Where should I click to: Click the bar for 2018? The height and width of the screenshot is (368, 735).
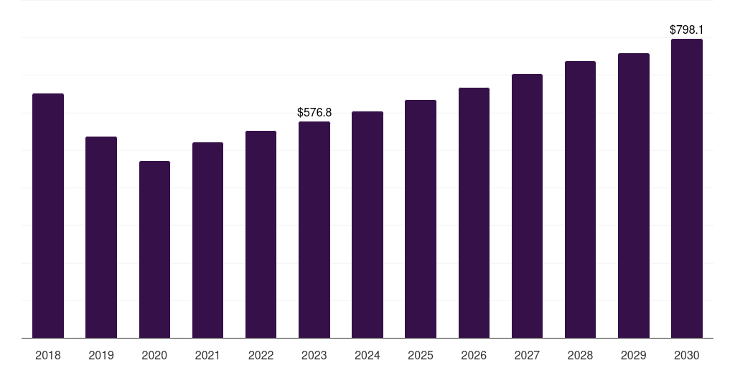pyautogui.click(x=48, y=216)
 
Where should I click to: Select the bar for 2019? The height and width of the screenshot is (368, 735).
pyautogui.click(x=101, y=237)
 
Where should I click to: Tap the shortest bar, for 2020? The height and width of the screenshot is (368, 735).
pyautogui.click(x=154, y=249)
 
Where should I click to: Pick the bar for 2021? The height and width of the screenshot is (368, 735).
pyautogui.click(x=207, y=240)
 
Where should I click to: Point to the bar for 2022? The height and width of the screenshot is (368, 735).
pyautogui.click(x=261, y=234)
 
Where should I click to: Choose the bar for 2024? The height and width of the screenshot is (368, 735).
pyautogui.click(x=367, y=224)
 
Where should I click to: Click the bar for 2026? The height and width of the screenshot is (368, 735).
pyautogui.click(x=474, y=213)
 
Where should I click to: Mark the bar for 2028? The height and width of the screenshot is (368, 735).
pyautogui.click(x=580, y=199)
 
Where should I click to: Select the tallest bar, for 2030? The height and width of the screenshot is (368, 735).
pyautogui.click(x=687, y=188)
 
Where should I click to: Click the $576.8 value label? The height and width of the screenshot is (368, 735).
pyautogui.click(x=314, y=113)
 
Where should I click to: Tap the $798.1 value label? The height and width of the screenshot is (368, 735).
pyautogui.click(x=687, y=30)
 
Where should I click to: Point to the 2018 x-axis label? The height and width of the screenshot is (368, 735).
pyautogui.click(x=48, y=355)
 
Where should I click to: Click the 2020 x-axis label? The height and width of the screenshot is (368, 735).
pyautogui.click(x=154, y=355)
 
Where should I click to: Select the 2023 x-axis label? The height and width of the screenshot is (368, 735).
pyautogui.click(x=314, y=355)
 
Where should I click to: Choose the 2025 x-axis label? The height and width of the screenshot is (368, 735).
pyautogui.click(x=421, y=355)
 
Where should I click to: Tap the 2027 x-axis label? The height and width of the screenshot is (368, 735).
pyautogui.click(x=527, y=355)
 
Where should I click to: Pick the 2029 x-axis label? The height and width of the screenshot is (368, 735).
pyautogui.click(x=634, y=355)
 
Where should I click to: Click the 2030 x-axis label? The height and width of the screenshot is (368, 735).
pyautogui.click(x=687, y=355)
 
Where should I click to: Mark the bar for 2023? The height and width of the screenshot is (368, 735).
pyautogui.click(x=314, y=230)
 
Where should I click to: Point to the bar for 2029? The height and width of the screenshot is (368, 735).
pyautogui.click(x=634, y=195)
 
